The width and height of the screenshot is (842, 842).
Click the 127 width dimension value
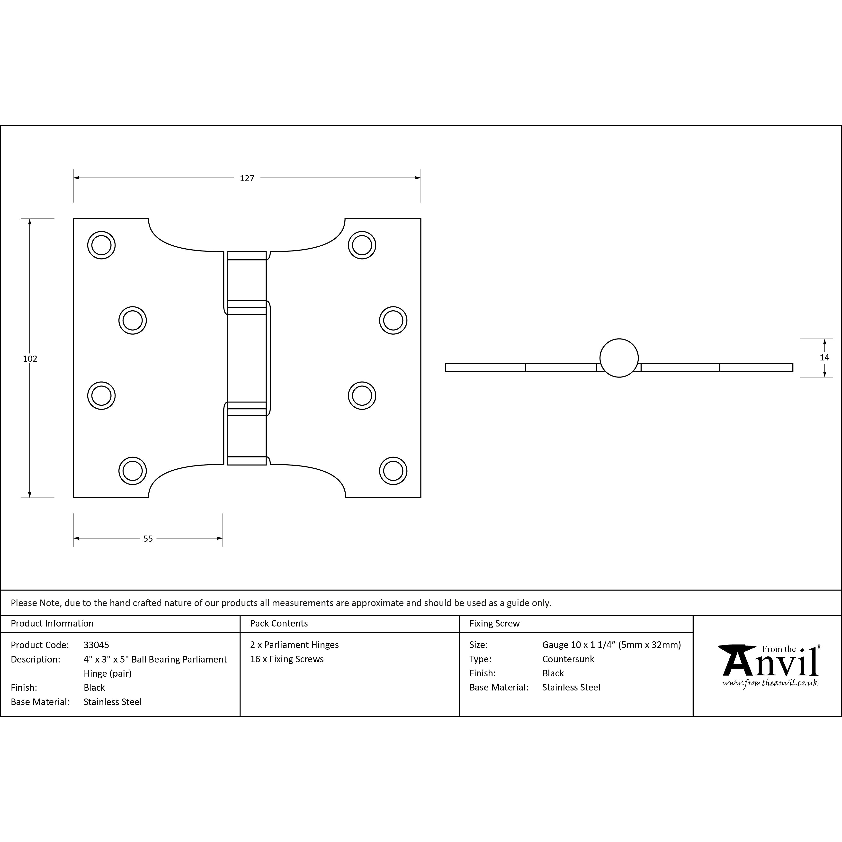(247, 178)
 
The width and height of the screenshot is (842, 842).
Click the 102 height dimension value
(30, 359)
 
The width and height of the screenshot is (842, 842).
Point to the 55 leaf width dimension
(148, 539)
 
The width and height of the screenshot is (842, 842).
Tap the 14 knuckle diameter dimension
(824, 357)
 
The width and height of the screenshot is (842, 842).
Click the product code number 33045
(96, 645)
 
